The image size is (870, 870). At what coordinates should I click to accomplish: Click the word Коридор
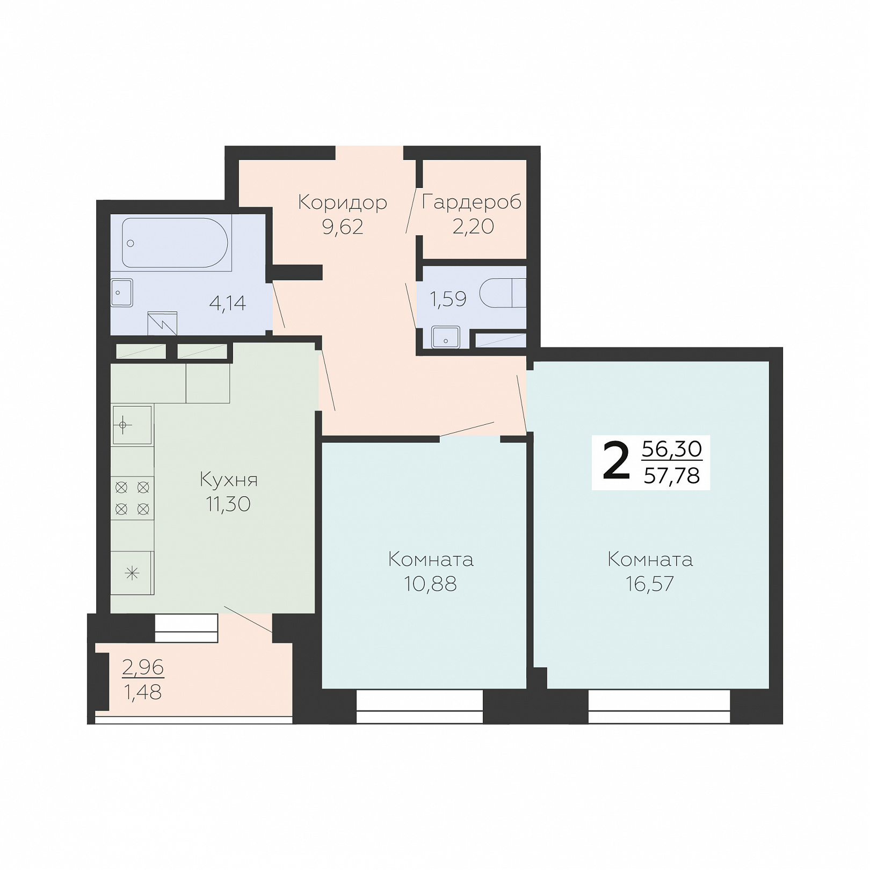(343, 203)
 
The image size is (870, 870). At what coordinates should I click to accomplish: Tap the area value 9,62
(343, 227)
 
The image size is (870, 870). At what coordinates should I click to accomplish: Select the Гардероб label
(472, 202)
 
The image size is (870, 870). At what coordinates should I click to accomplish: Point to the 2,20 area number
(473, 227)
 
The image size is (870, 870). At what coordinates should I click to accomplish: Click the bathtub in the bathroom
(175, 243)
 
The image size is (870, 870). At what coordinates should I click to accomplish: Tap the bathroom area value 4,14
(228, 303)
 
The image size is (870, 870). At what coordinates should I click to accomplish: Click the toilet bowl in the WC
(503, 293)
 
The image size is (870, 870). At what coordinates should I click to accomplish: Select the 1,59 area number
(448, 299)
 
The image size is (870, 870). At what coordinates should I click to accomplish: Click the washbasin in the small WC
(445, 337)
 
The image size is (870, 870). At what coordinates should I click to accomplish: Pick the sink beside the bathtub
(121, 293)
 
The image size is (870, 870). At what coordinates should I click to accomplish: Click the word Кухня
(229, 479)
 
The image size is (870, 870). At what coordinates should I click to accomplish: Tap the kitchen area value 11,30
(228, 504)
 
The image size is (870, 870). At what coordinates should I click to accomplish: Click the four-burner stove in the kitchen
(132, 498)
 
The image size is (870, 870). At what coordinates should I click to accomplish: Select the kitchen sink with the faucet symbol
(132, 425)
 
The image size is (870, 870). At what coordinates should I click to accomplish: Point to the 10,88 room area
(430, 584)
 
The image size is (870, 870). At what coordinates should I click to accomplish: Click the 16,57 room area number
(650, 584)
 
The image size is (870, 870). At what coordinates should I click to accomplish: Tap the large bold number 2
(616, 461)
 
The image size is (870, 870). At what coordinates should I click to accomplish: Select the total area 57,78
(672, 476)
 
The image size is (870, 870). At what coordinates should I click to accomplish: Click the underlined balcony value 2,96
(143, 668)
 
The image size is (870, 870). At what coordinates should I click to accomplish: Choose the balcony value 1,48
(143, 693)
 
